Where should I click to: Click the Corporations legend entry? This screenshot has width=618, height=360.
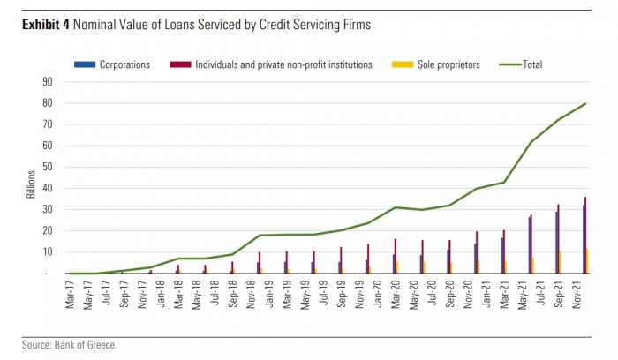pyautogui.click(x=124, y=64)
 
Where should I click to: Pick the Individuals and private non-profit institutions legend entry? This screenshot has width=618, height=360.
pyautogui.click(x=283, y=64)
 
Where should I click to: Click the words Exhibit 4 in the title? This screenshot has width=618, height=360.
pyautogui.click(x=45, y=25)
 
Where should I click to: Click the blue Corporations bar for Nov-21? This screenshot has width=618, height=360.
pyautogui.click(x=583, y=239)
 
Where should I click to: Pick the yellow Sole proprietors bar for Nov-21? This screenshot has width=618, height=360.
pyautogui.click(x=588, y=260)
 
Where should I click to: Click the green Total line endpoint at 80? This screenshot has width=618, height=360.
pyautogui.click(x=585, y=103)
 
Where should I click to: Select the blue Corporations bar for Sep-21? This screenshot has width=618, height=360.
pyautogui.click(x=555, y=242)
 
